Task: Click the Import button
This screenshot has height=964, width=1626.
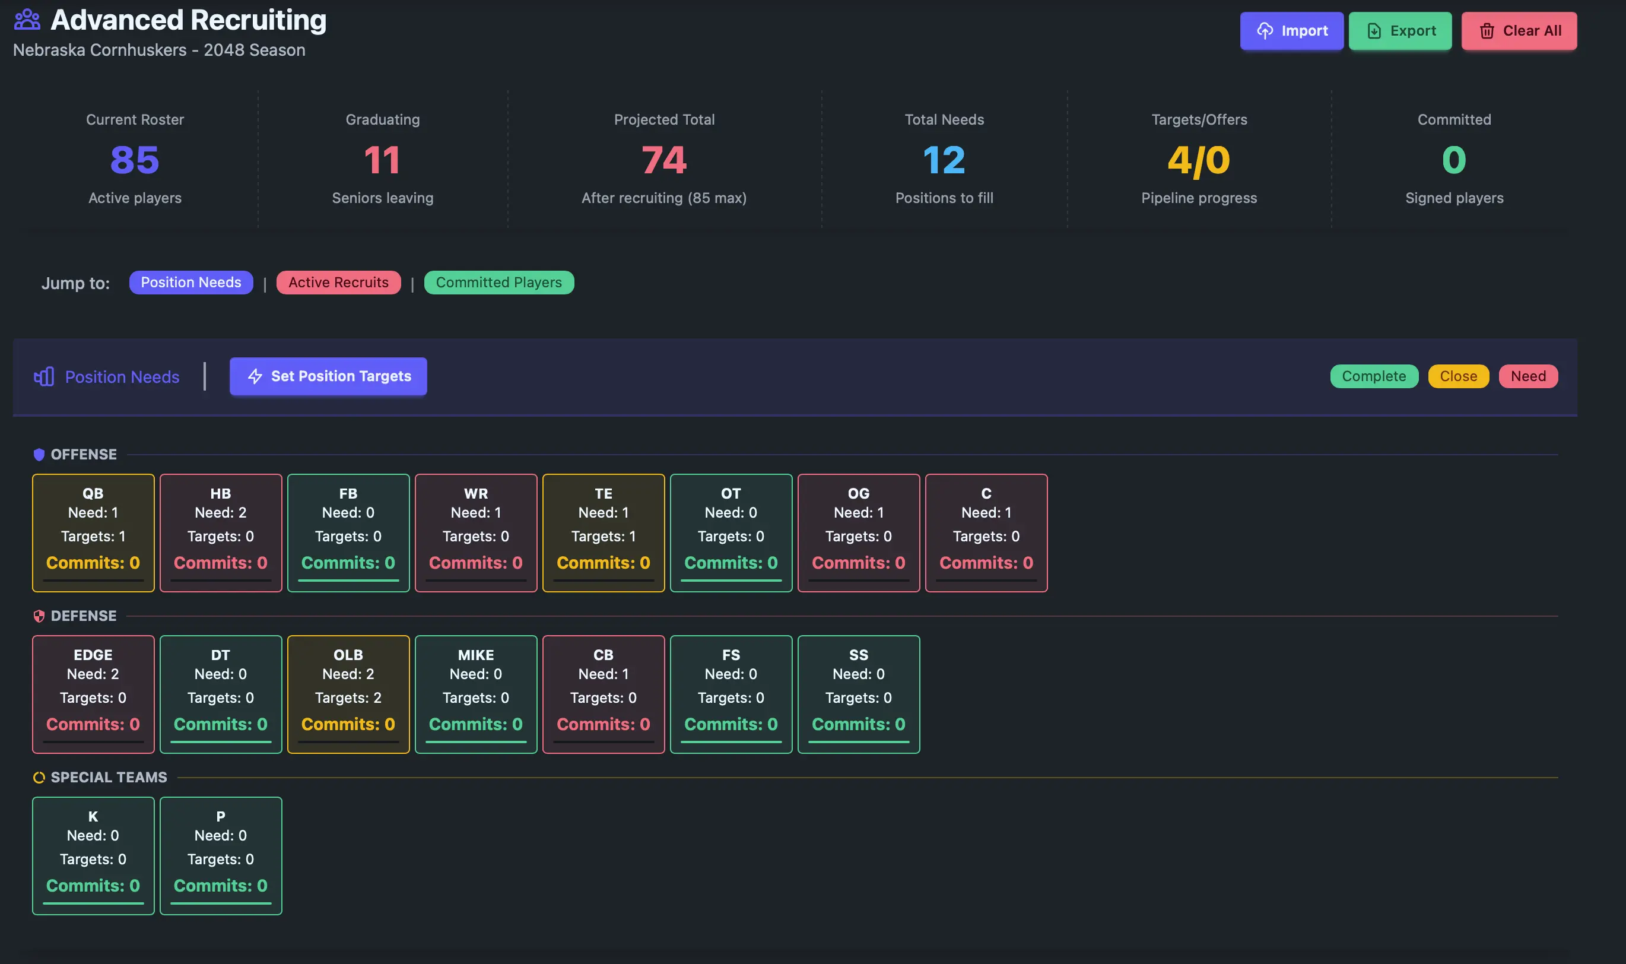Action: [1291, 30]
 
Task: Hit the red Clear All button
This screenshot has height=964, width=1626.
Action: [1519, 30]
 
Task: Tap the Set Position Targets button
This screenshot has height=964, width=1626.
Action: [328, 376]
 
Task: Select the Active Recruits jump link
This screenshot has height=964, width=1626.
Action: [338, 283]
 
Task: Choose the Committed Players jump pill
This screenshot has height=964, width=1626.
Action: [498, 283]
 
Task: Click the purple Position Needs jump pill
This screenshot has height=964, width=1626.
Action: [191, 283]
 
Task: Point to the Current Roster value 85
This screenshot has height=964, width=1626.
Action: [135, 160]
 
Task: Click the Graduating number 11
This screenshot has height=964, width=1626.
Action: [383, 160]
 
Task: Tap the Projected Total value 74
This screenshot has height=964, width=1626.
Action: [663, 160]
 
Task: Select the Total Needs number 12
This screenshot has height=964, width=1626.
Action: [944, 160]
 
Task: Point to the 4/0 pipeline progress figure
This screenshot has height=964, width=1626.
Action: [1199, 160]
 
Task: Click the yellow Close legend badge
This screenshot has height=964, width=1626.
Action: [1458, 376]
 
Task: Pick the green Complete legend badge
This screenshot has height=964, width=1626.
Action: [1373, 376]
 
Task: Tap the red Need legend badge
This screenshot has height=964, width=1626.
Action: [1527, 376]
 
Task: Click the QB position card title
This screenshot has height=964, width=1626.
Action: [93, 494]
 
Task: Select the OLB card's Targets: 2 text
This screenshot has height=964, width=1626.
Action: [348, 697]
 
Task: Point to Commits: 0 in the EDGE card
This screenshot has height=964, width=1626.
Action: [93, 724]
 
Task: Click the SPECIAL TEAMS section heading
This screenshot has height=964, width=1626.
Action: [109, 778]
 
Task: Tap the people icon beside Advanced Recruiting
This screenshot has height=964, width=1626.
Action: [27, 20]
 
